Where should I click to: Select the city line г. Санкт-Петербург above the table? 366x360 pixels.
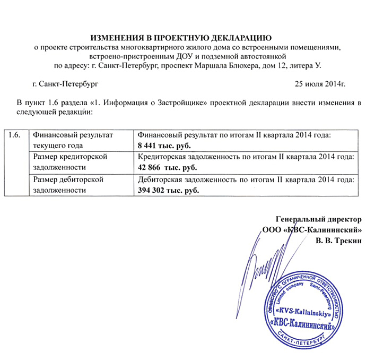(x=65, y=84)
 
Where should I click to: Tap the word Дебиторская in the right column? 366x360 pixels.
(x=161, y=179)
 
